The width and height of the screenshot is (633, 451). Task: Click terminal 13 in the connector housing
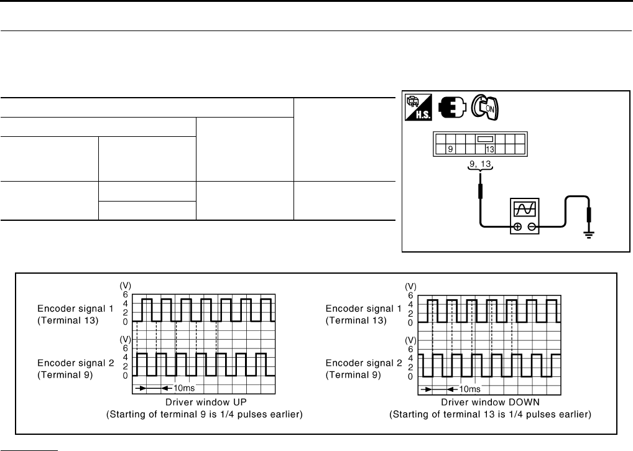(x=490, y=149)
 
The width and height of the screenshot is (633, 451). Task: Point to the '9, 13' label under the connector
(x=480, y=165)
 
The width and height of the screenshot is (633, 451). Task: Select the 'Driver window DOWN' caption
(x=489, y=402)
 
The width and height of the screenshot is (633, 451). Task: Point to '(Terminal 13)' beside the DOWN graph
(x=356, y=321)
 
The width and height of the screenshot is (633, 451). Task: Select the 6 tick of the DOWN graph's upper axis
(x=410, y=295)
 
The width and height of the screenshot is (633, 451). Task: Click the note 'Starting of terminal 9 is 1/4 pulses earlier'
(x=205, y=414)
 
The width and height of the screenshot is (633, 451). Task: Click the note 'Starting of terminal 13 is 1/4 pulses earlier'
(x=490, y=414)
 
